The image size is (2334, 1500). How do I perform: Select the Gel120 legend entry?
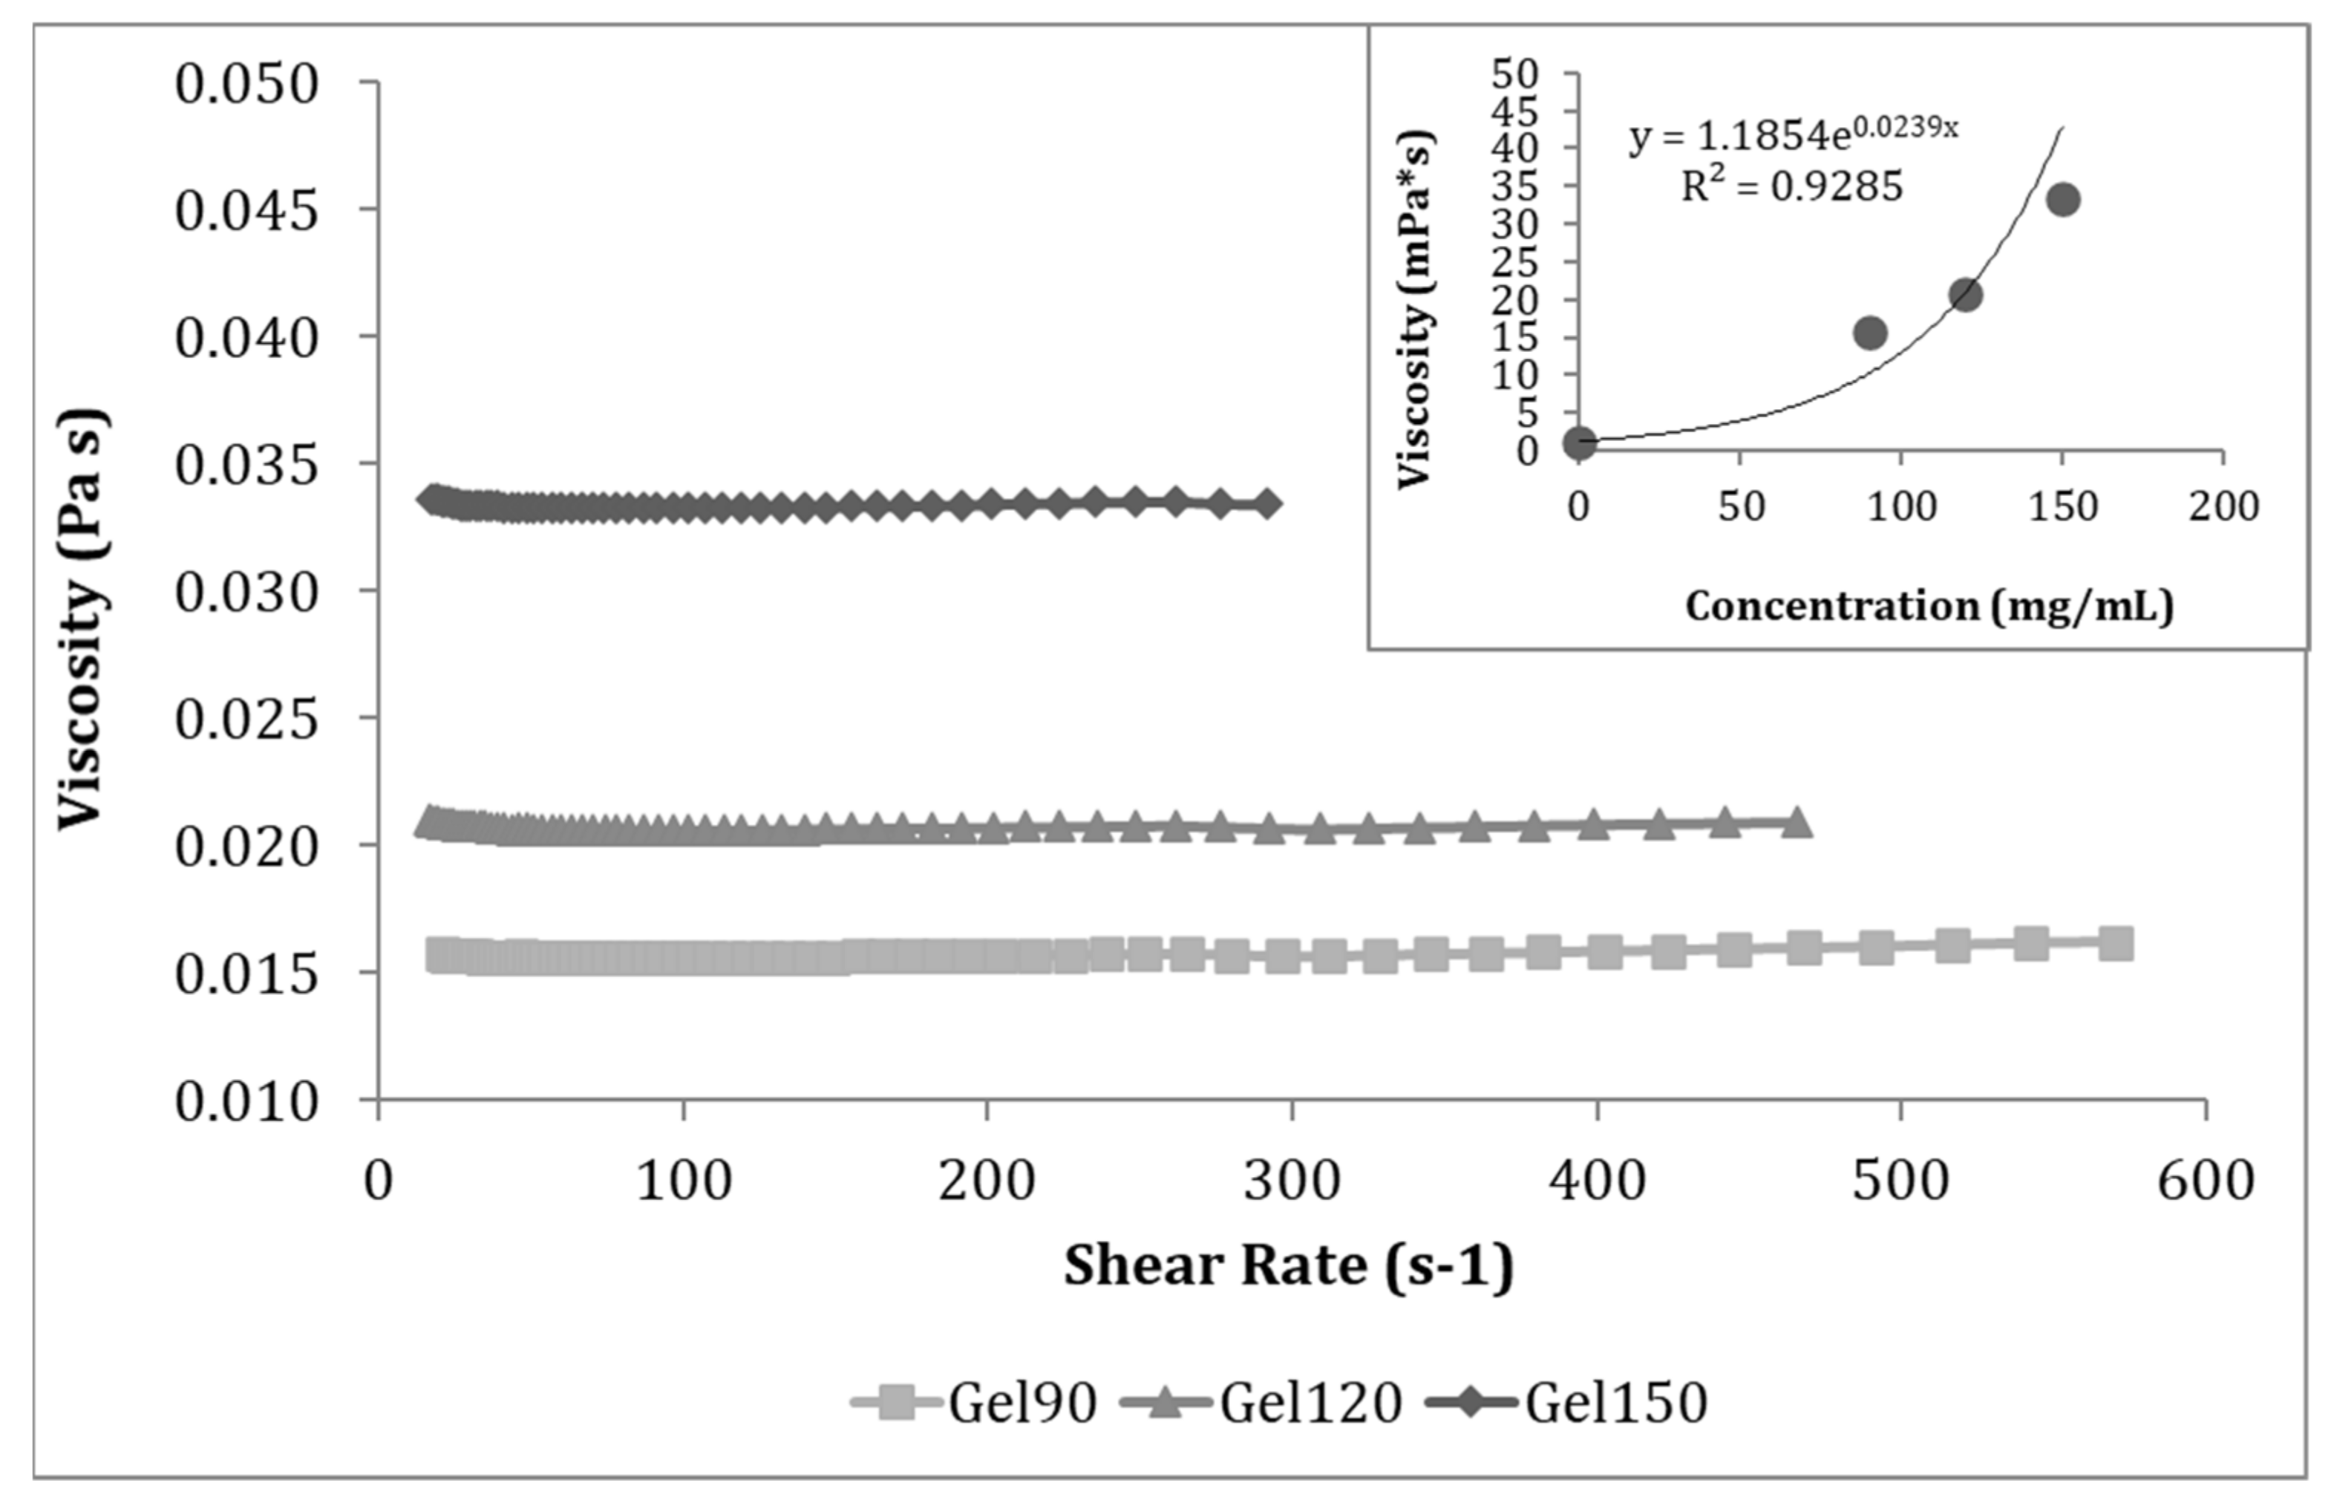click(x=1263, y=1403)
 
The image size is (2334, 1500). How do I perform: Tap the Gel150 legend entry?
click(x=1568, y=1403)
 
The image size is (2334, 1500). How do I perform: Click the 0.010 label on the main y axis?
click(x=246, y=1102)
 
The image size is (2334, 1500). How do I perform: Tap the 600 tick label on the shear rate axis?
click(x=2206, y=1181)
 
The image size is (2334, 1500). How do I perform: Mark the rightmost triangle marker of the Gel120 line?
click(x=1797, y=822)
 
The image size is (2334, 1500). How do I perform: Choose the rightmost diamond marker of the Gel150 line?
click(x=1266, y=503)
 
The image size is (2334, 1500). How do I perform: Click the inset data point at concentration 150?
click(x=2062, y=200)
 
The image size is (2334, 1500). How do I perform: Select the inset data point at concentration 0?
click(x=1578, y=443)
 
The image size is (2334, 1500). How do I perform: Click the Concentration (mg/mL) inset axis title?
click(x=1929, y=606)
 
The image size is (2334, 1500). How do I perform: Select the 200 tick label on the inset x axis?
click(x=2223, y=506)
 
